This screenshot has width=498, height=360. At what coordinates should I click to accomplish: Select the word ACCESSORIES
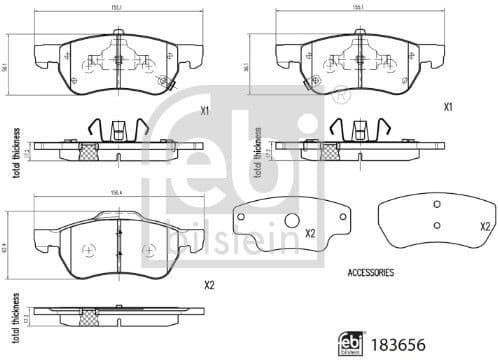click(370, 272)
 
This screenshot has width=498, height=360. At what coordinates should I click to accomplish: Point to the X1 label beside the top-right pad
click(448, 106)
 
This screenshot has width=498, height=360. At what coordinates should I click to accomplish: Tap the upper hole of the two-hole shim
click(435, 204)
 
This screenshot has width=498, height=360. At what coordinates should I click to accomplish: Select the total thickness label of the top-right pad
click(256, 152)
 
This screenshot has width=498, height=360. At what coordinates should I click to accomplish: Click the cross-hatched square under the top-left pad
click(87, 153)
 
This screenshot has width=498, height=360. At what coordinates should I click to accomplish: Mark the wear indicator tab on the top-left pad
click(170, 87)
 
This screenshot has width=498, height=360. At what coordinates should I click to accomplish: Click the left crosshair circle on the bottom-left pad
click(87, 249)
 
